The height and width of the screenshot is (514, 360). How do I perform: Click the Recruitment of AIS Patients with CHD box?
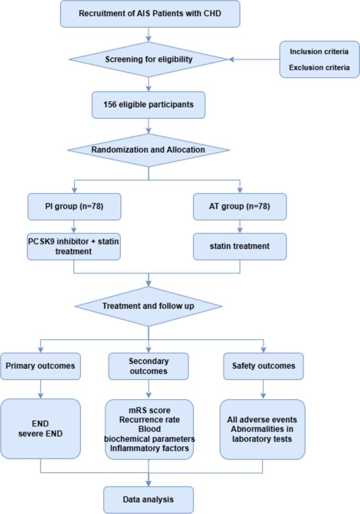tap(150, 14)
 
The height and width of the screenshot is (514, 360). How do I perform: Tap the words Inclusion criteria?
tap(319, 52)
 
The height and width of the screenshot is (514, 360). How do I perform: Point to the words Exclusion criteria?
tap(319, 67)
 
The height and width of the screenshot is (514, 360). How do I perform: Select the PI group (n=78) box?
tap(74, 206)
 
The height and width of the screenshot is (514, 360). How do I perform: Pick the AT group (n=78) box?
tap(240, 206)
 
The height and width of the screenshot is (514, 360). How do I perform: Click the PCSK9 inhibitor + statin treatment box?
tap(74, 247)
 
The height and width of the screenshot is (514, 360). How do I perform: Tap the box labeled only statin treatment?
tap(240, 247)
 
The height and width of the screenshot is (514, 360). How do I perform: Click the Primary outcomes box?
tap(40, 366)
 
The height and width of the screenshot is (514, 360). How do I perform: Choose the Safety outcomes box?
tap(263, 366)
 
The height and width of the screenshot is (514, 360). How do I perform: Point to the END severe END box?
tap(40, 429)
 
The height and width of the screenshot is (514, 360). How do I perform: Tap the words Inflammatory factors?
tap(150, 447)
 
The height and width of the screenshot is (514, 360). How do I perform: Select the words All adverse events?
tap(262, 419)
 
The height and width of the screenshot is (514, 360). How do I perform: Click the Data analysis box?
tap(149, 500)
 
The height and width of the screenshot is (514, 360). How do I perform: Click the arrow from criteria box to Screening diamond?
tap(252, 59)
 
